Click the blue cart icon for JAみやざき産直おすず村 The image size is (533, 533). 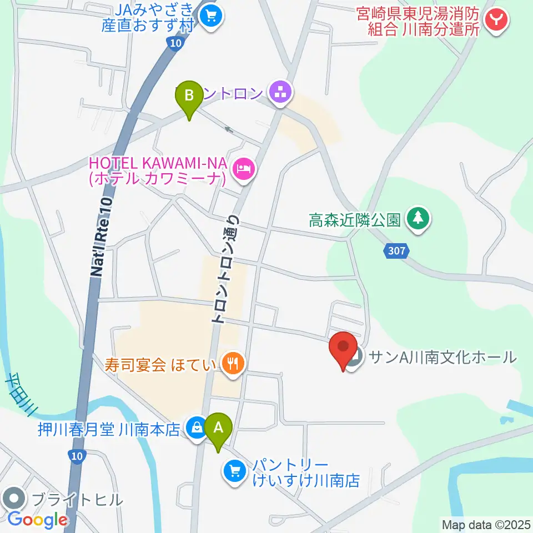210,16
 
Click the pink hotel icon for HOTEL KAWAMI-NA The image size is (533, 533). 243,167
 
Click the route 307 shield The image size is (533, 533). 396,252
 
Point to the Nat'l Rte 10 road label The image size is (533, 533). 101,239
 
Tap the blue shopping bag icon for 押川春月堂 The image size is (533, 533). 195,429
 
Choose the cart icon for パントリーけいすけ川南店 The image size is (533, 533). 233,471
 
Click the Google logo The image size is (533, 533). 37,520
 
